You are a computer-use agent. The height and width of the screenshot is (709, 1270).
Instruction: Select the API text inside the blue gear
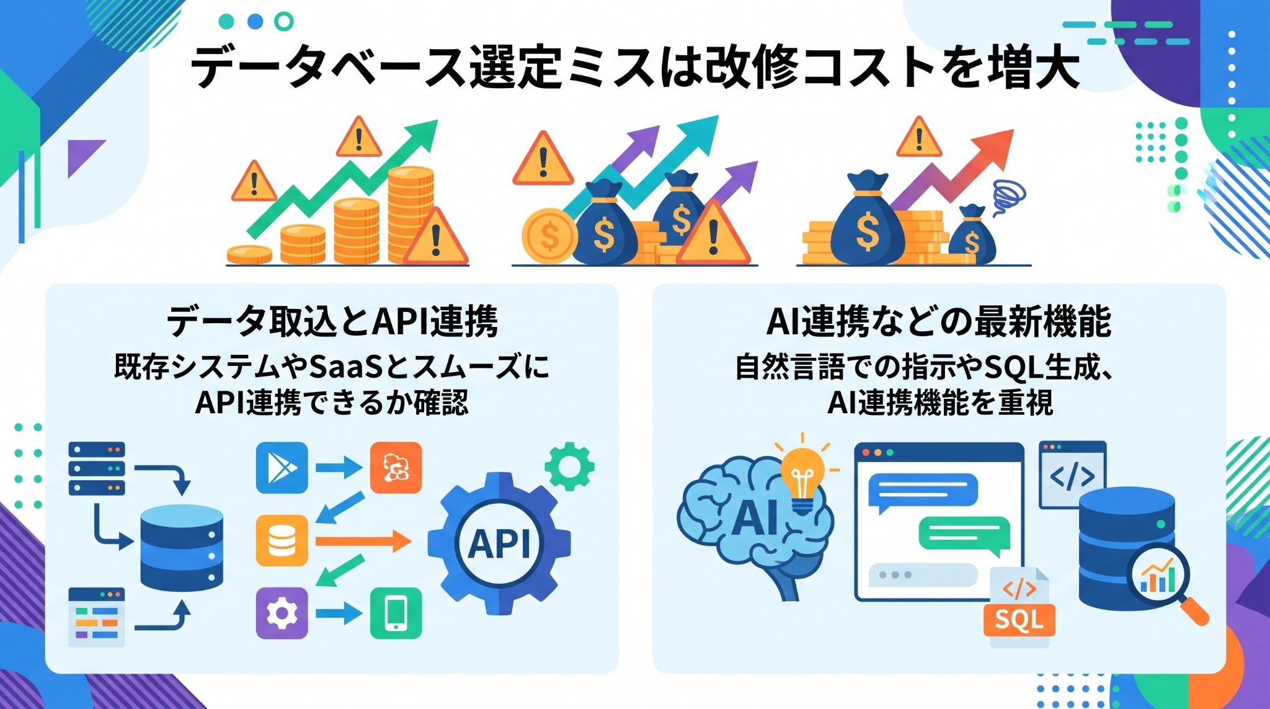tap(500, 544)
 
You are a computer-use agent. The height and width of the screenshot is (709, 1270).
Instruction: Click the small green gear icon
tap(569, 466)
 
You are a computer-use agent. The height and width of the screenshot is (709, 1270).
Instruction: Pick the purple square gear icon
tap(282, 613)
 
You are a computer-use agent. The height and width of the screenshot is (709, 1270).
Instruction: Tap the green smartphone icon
tap(396, 613)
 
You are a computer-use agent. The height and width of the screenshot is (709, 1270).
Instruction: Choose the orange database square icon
tap(282, 540)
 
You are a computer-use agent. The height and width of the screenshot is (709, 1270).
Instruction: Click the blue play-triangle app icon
tap(282, 468)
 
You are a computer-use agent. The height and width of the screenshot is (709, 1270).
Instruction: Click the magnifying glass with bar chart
tap(1166, 583)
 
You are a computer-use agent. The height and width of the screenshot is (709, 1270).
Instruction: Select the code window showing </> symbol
tap(1072, 474)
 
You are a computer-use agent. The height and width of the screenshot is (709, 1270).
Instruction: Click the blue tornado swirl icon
tap(1004, 197)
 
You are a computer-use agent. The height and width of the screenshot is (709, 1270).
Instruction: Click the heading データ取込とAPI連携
tap(332, 323)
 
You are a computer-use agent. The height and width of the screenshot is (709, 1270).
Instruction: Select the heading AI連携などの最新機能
tap(939, 323)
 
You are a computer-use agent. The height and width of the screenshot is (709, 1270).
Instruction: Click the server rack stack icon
tap(97, 468)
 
